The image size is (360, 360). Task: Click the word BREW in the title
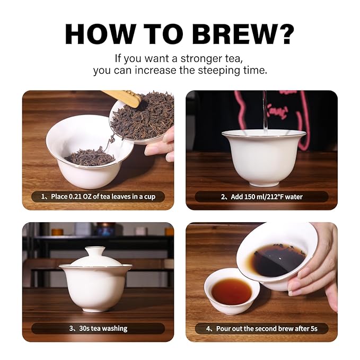pos(233,34)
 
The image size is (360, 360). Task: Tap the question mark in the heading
pos(284,34)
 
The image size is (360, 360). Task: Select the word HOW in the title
pos(100,34)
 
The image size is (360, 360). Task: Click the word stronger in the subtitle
pos(201,59)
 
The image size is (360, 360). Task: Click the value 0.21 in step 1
pos(75,197)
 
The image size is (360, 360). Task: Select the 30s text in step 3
pos(84,328)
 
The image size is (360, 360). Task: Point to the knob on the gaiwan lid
pos(95,250)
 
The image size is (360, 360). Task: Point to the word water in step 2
pos(294,197)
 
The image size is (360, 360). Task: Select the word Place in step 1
pos(59,197)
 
